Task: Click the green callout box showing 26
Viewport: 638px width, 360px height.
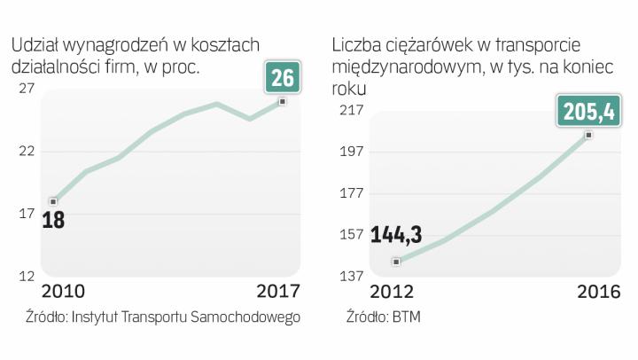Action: point(282,78)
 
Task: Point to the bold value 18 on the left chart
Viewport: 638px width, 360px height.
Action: point(53,219)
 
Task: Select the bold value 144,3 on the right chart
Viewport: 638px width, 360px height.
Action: point(395,236)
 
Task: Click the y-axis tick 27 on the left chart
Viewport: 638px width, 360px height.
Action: point(26,89)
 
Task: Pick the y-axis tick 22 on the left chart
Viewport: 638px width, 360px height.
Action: point(26,151)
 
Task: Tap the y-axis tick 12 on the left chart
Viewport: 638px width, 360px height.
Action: point(26,276)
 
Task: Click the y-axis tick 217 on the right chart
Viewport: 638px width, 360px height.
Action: point(349,110)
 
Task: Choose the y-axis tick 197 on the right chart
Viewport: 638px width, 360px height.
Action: point(349,152)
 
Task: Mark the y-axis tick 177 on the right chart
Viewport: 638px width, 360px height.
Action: point(349,193)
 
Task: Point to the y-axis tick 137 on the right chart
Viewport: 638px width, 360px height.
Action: point(349,277)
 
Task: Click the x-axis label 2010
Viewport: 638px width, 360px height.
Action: point(63,292)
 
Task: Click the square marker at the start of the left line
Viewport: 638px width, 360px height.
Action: point(53,201)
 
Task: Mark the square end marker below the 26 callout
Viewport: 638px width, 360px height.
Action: point(282,102)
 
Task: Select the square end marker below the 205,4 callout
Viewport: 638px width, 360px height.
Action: point(587,135)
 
